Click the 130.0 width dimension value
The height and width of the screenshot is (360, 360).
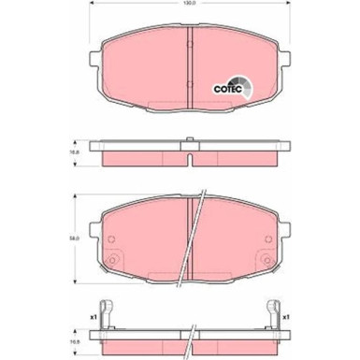190,8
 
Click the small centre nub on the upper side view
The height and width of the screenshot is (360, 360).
190,142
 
